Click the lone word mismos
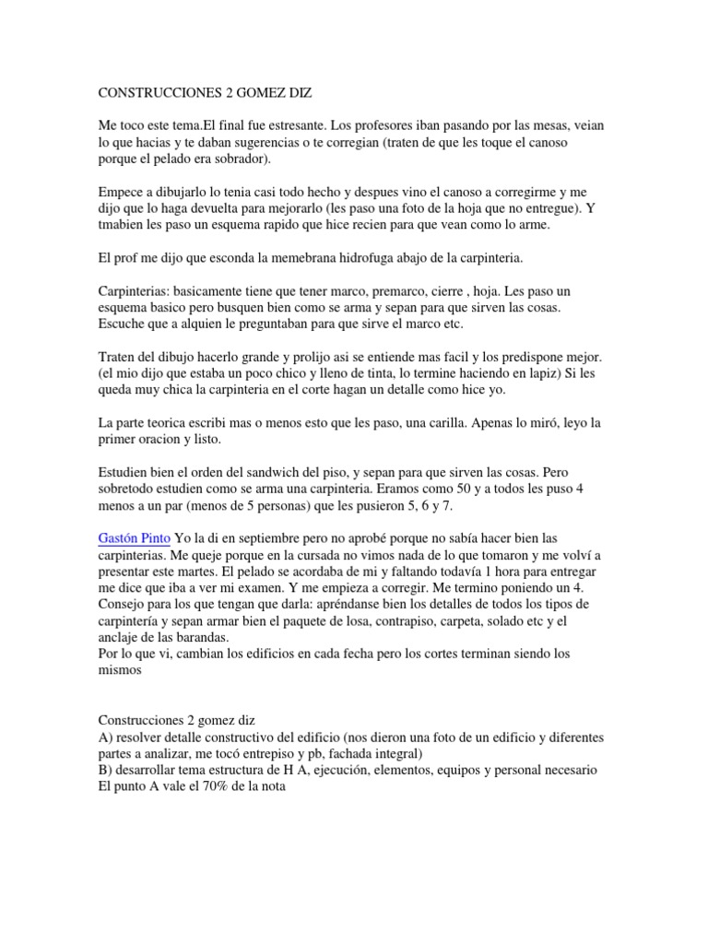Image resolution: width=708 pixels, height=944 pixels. pos(121,670)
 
